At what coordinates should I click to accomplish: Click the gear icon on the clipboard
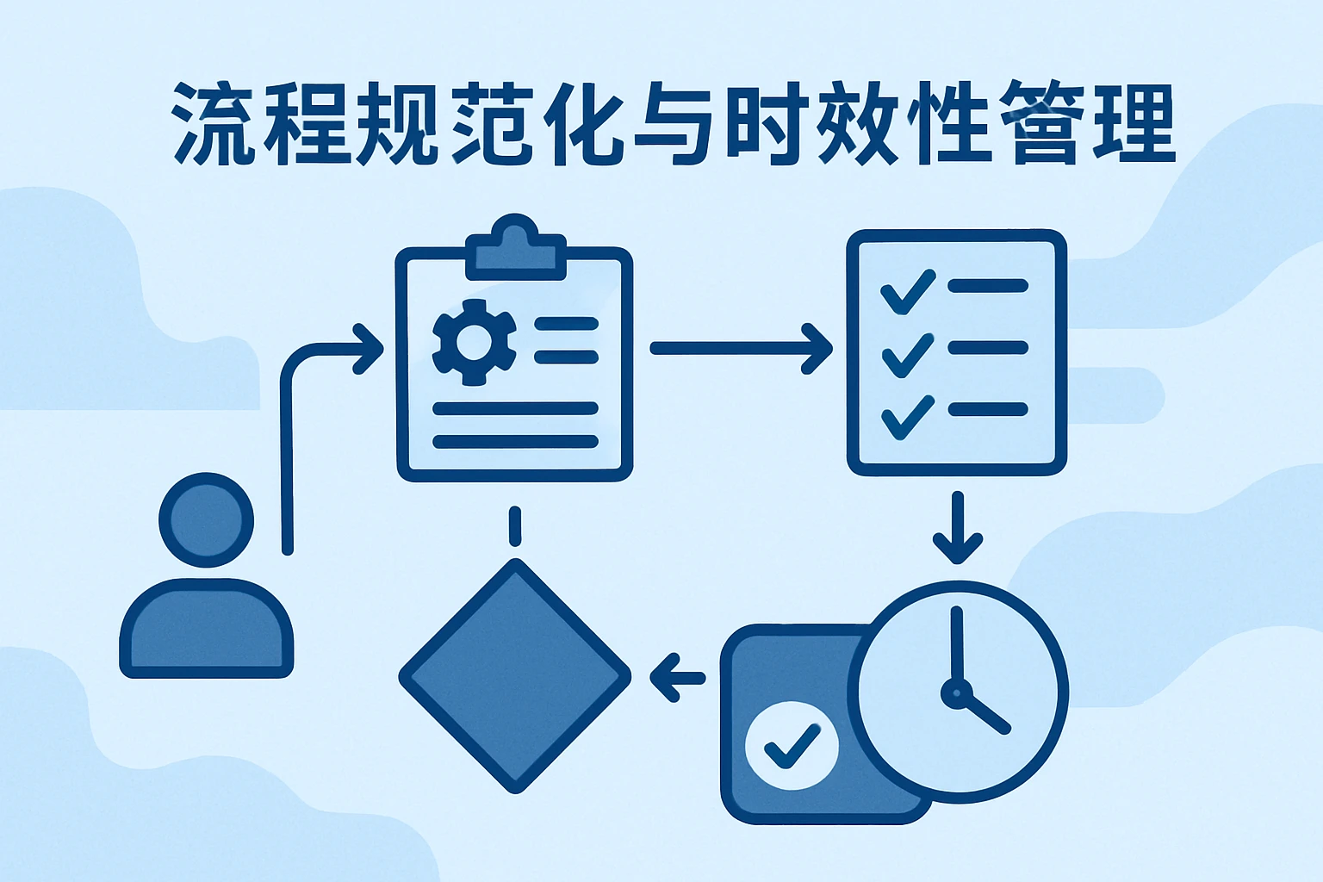pyautogui.click(x=474, y=342)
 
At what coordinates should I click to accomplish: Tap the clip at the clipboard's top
pyautogui.click(x=515, y=250)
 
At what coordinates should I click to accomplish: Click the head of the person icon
pyautogui.click(x=207, y=519)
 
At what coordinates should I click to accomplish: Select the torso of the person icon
pyautogui.click(x=207, y=629)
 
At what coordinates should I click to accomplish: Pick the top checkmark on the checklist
pyautogui.click(x=908, y=292)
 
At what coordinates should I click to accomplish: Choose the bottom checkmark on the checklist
pyautogui.click(x=908, y=417)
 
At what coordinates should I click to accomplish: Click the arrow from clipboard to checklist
pyautogui.click(x=741, y=348)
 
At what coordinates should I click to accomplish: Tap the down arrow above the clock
pyautogui.click(x=957, y=530)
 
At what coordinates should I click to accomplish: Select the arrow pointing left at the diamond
pyautogui.click(x=677, y=677)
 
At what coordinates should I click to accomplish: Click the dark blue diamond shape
pyautogui.click(x=515, y=677)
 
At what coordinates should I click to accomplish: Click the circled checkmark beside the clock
pyautogui.click(x=791, y=745)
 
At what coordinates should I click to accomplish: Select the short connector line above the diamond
pyautogui.click(x=515, y=525)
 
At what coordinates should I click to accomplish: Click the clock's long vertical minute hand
pyautogui.click(x=956, y=646)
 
